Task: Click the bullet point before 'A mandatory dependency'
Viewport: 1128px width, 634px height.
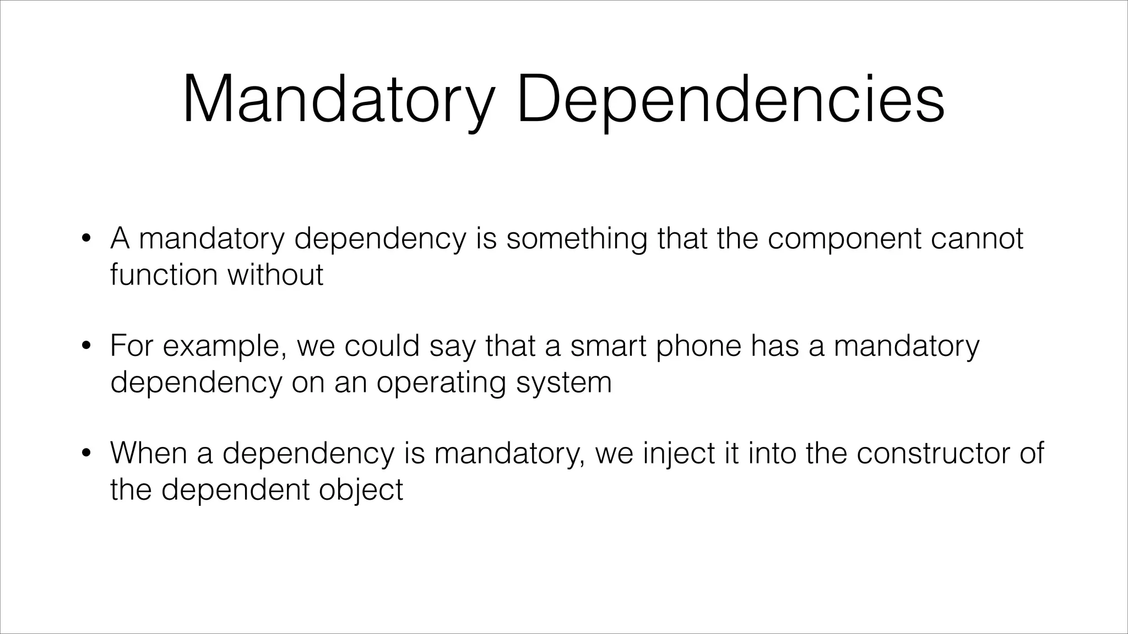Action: click(x=85, y=239)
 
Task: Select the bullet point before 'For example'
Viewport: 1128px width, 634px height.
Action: click(x=85, y=346)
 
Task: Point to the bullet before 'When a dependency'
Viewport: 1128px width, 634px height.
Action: click(x=85, y=454)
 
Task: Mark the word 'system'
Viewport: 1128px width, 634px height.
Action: click(x=563, y=383)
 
